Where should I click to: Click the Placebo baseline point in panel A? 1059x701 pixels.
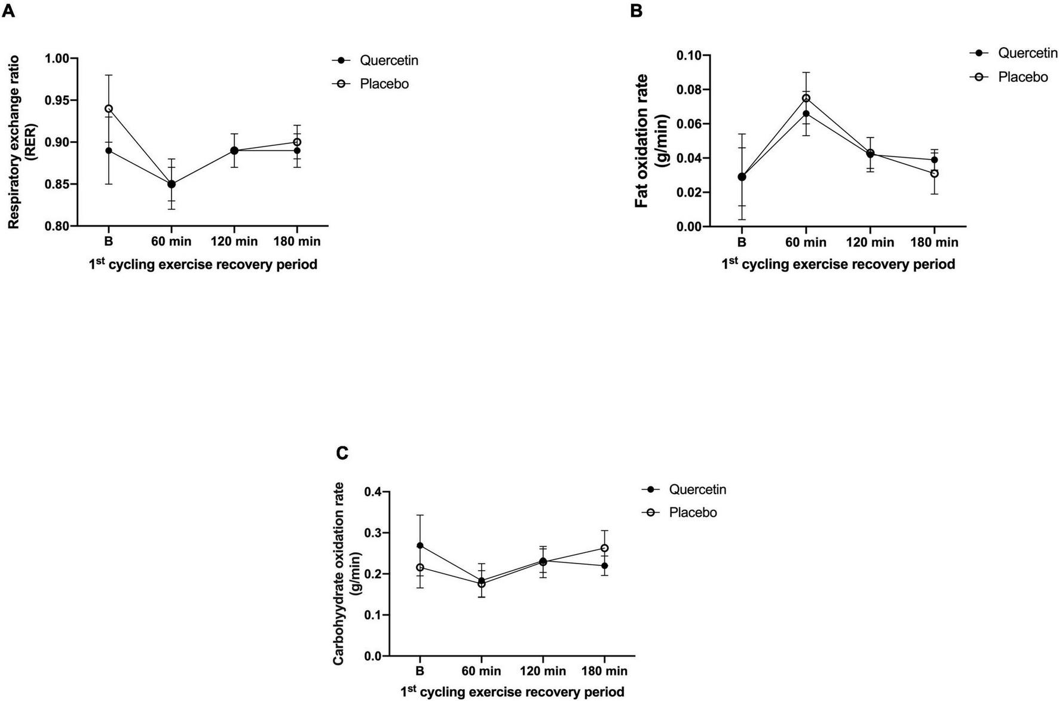point(108,109)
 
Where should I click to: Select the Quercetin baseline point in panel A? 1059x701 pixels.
point(108,151)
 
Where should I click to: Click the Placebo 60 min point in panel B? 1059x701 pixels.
point(806,98)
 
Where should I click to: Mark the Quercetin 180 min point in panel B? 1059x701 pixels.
point(934,160)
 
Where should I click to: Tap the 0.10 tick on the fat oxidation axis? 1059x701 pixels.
point(688,56)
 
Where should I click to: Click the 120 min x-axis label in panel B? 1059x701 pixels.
point(870,243)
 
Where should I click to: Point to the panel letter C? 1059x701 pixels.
point(342,454)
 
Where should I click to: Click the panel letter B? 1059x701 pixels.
point(636,10)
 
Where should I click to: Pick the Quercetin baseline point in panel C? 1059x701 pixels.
point(420,546)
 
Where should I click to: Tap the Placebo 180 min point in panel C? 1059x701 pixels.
point(604,548)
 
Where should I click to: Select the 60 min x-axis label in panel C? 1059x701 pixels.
point(481,672)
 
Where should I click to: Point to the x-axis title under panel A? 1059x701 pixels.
point(203,264)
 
